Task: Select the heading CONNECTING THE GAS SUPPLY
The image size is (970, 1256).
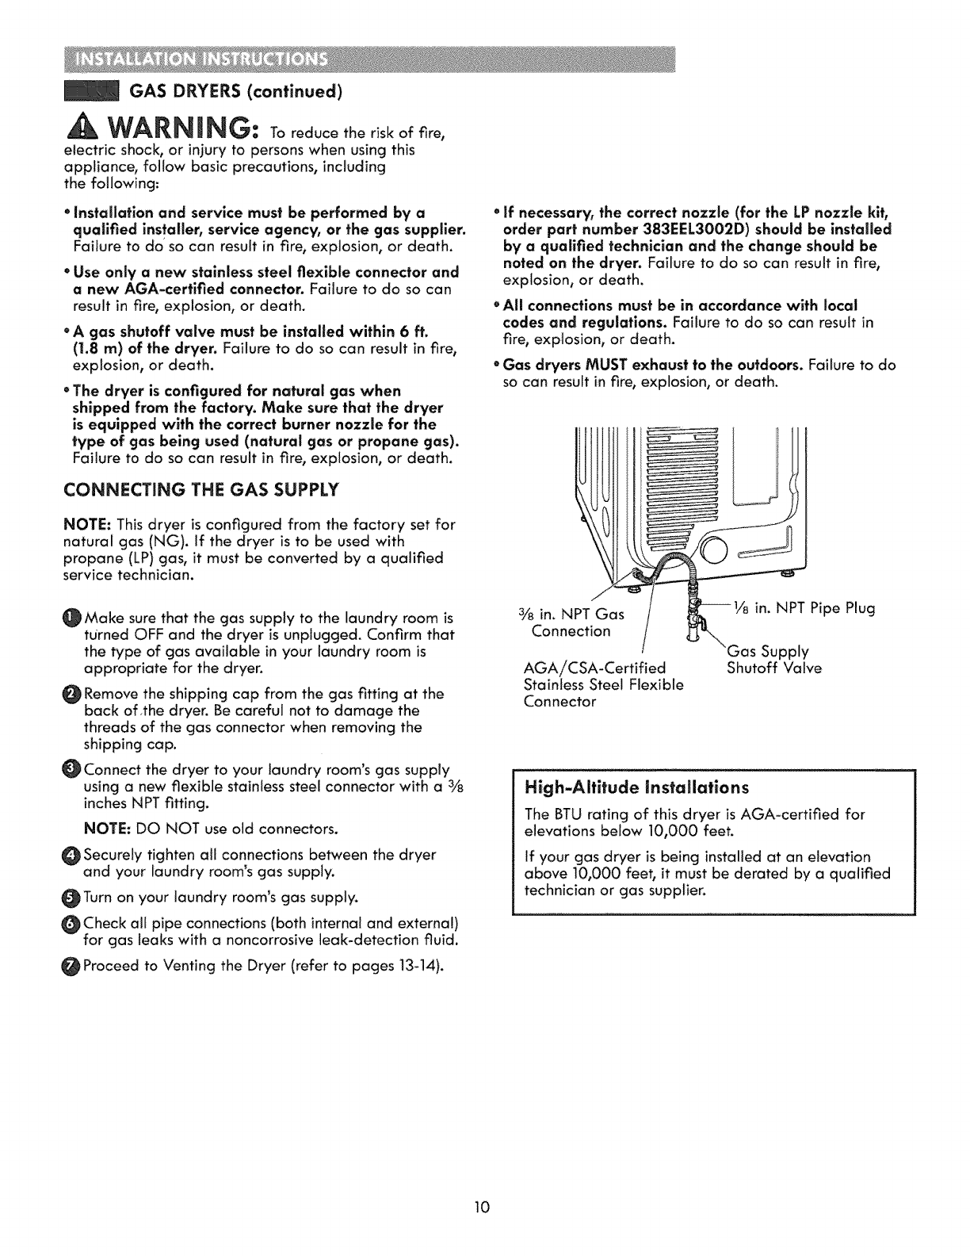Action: (200, 488)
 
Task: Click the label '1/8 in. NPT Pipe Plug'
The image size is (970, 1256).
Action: (812, 609)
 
